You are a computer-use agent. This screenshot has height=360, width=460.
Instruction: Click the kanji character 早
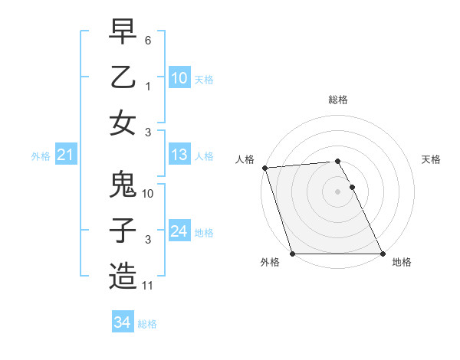123,34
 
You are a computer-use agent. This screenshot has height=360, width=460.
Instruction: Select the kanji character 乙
123,78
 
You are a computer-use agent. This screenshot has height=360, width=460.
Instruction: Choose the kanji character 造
123,276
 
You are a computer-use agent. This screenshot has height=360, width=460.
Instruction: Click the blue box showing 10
179,78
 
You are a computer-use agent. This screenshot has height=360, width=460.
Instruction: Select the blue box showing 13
179,155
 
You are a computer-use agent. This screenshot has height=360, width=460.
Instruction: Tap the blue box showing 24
179,231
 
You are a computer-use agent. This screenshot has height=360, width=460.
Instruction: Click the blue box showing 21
65,155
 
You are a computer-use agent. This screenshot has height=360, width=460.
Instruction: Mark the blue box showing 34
122,322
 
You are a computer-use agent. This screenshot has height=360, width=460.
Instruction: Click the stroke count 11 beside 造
148,286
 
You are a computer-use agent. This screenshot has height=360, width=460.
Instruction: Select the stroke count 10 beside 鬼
148,194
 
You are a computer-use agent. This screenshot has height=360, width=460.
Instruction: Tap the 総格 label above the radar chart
338,100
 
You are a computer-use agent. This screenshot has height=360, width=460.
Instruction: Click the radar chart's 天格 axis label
432,159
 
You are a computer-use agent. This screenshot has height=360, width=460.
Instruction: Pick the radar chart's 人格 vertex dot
264,168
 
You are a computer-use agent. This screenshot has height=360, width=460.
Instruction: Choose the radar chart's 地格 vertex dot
383,254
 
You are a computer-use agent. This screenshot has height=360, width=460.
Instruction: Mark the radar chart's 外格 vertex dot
292,254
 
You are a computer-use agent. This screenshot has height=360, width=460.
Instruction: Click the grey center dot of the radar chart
337,191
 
